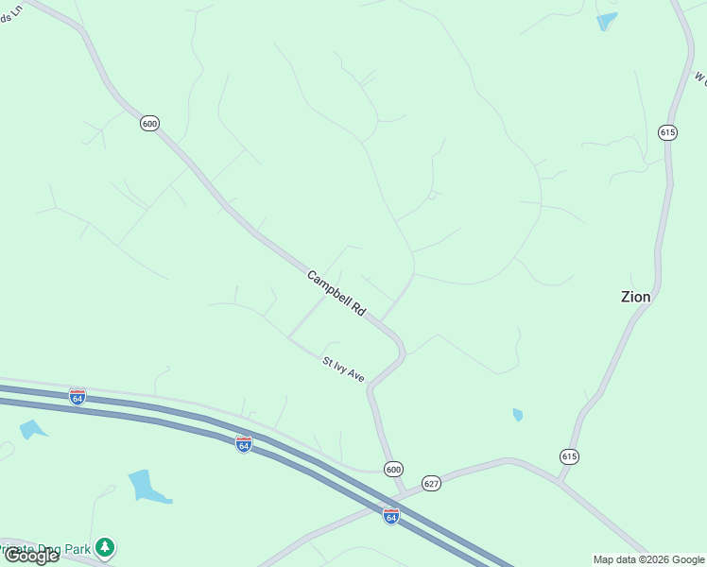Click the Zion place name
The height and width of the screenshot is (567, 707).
[635, 297]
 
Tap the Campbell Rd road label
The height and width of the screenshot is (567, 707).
[336, 293]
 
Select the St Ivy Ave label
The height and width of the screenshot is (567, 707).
[343, 369]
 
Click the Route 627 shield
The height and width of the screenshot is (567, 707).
[432, 483]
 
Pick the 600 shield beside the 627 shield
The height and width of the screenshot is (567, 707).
[393, 469]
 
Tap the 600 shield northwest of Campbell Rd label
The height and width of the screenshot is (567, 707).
[149, 123]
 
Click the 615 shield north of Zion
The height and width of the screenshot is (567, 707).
[668, 132]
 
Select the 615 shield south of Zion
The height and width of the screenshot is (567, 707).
[568, 456]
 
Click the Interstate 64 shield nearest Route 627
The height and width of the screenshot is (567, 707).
[391, 516]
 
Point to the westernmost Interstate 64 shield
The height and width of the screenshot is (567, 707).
[78, 397]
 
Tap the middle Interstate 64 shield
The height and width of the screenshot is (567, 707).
[244, 443]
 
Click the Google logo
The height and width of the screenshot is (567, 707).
[31, 556]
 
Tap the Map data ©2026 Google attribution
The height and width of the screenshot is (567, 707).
[648, 559]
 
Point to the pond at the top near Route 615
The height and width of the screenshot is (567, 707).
[606, 21]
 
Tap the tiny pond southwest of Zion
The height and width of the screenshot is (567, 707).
[517, 414]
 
